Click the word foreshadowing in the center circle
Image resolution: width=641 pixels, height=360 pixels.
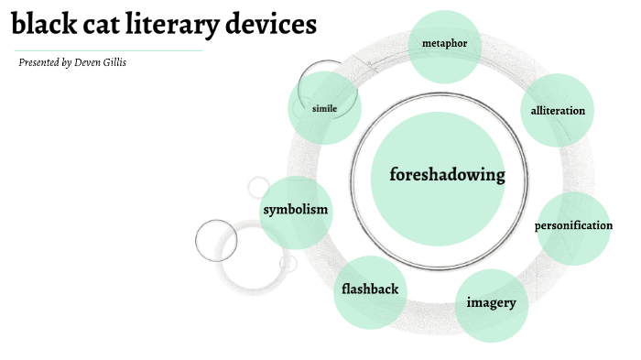447,175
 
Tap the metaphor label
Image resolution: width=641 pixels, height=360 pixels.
444,43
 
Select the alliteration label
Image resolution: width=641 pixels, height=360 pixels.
558,111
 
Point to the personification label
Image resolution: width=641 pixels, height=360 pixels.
573,225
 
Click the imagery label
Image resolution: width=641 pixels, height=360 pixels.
492,303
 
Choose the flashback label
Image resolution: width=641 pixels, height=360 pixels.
370,289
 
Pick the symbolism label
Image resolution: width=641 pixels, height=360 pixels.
295,210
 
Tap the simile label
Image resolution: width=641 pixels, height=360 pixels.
324,108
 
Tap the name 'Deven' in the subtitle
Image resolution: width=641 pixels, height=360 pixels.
89,63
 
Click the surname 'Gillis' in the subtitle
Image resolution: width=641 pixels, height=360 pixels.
115,63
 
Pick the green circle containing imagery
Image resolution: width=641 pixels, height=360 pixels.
492,321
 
